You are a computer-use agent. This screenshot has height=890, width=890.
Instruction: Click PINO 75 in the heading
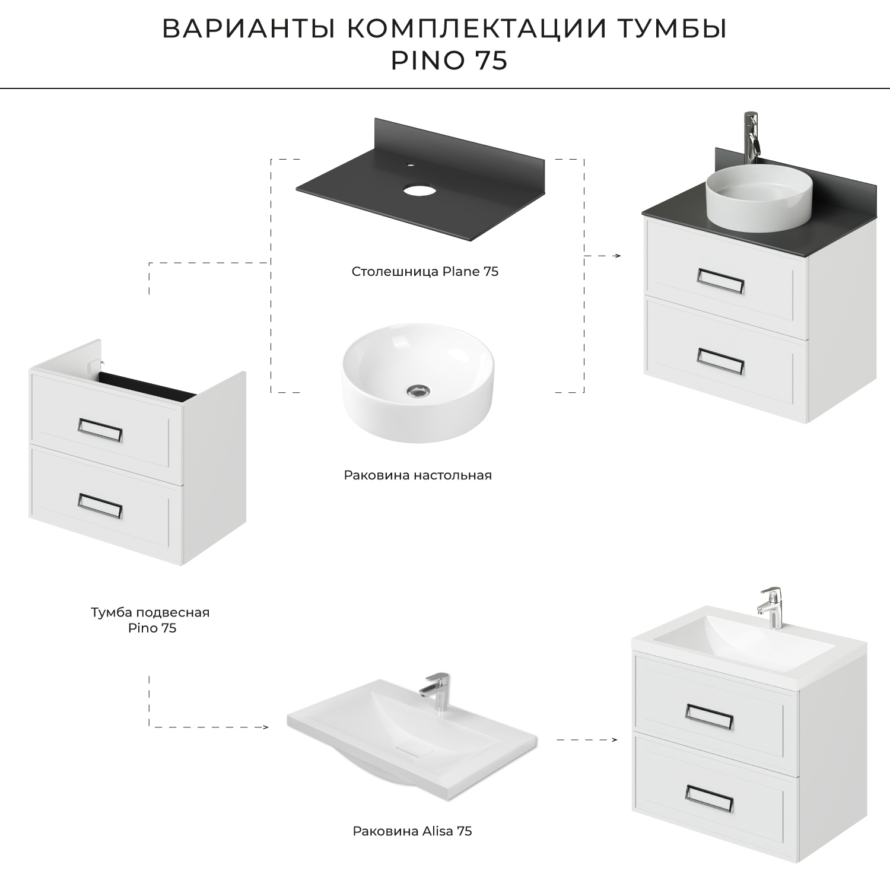pyautogui.click(x=449, y=61)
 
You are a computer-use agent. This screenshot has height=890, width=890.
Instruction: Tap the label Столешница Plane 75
pyautogui.click(x=425, y=272)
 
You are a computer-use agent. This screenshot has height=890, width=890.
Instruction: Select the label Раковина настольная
pyautogui.click(x=418, y=475)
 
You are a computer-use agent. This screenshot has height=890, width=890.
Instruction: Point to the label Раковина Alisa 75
pyautogui.click(x=412, y=831)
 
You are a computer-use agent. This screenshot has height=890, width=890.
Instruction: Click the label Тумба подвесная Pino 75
pyautogui.click(x=151, y=619)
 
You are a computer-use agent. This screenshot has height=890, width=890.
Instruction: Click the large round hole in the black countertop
pyautogui.click(x=419, y=190)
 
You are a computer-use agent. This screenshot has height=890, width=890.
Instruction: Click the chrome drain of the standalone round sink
pyautogui.click(x=418, y=390)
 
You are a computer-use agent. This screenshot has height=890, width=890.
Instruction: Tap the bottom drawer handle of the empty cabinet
pyautogui.click(x=100, y=505)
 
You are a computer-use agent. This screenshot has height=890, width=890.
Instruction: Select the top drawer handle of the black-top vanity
pyautogui.click(x=720, y=281)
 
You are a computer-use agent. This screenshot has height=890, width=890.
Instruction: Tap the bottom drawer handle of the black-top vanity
pyautogui.click(x=720, y=361)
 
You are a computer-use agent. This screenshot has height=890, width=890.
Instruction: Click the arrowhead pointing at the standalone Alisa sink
pyautogui.click(x=265, y=727)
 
